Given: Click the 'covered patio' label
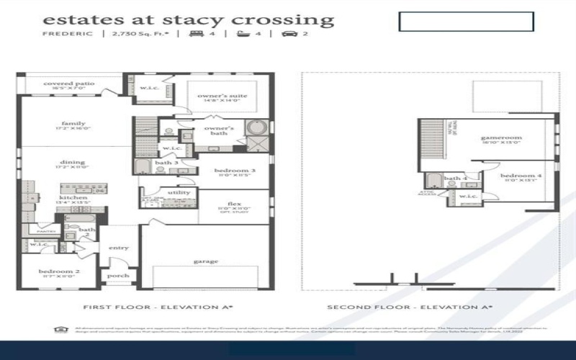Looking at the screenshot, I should [x=69, y=84].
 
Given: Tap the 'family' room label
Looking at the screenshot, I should [x=73, y=123].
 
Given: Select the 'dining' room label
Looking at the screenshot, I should [x=73, y=162].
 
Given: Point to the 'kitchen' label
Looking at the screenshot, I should [x=73, y=197].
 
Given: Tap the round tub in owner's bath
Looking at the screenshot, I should [x=256, y=129].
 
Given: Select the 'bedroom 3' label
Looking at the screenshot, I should [x=232, y=171].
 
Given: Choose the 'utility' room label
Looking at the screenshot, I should [x=179, y=192].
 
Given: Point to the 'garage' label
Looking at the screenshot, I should [x=205, y=261].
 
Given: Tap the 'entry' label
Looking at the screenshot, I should [x=119, y=248].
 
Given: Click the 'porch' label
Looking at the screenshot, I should [x=117, y=275].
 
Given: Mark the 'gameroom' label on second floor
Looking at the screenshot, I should [x=501, y=137].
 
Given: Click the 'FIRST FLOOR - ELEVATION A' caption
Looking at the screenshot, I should [x=158, y=307].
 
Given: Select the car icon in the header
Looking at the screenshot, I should [x=291, y=33].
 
